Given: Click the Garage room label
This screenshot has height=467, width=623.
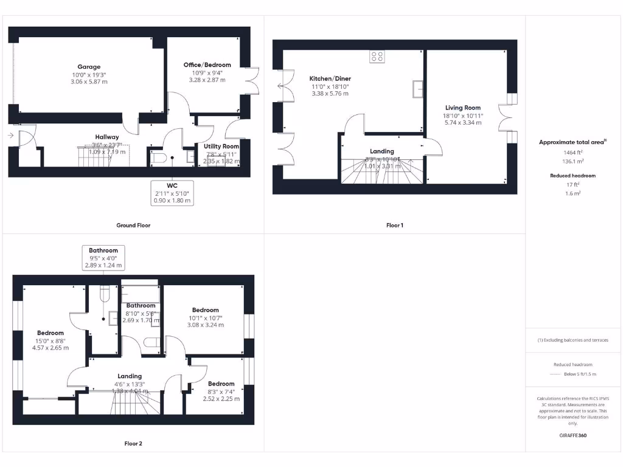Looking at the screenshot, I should pos(89,67).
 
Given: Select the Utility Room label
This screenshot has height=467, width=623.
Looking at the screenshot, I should pos(221,147).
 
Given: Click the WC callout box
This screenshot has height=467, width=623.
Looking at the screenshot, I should pos(173,192).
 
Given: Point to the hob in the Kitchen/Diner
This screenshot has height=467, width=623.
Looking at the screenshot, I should pos(377,57).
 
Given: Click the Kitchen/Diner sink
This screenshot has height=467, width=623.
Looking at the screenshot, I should pos(417,89).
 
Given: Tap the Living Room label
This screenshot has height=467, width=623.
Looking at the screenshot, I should pos(463,108).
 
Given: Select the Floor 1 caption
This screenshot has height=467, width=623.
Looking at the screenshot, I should pos(395,226).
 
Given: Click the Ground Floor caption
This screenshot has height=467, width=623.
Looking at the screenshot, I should pos(133,226).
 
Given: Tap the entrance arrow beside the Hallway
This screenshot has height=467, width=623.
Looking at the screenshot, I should pos(12,136).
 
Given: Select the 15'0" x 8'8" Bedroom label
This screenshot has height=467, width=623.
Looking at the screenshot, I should pos(50,333).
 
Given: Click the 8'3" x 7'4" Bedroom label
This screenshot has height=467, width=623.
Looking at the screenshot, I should pos(221,384).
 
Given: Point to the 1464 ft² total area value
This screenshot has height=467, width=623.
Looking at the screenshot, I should pos(572,153).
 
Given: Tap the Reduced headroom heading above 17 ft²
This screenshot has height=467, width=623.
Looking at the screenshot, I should pos(572,175).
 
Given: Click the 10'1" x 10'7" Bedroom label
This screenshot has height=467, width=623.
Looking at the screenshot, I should pos(205,310).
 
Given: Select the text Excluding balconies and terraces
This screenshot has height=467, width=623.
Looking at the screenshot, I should pos(573,340).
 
